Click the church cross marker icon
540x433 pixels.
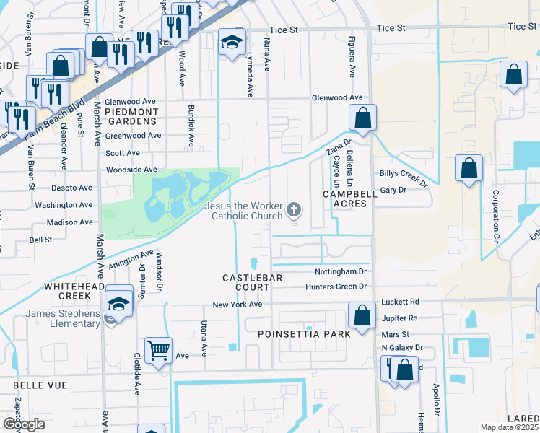click(293, 211)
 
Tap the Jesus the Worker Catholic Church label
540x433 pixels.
click(243, 211)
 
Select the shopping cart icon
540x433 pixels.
click(158, 351)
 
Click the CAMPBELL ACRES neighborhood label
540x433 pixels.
click(345, 199)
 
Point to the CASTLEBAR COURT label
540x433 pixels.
click(245, 283)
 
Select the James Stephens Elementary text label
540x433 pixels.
click(62, 318)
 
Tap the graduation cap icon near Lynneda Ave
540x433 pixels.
click(232, 42)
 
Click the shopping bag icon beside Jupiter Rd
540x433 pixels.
click(362, 315)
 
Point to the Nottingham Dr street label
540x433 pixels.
click(341, 272)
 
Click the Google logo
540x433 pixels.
click(24, 424)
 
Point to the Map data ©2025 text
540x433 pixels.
click(509, 427)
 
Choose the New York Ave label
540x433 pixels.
click(236, 305)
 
